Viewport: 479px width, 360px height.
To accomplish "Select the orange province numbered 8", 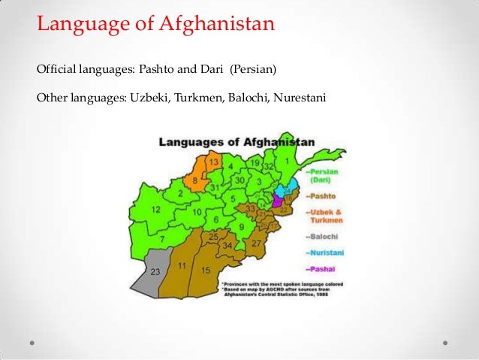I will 196,180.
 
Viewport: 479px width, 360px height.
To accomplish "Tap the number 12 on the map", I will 155,210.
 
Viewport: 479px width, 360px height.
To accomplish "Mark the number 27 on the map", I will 256,244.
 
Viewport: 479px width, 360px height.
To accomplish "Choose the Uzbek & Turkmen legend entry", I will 324,216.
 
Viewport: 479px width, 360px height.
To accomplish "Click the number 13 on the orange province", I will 213,162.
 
